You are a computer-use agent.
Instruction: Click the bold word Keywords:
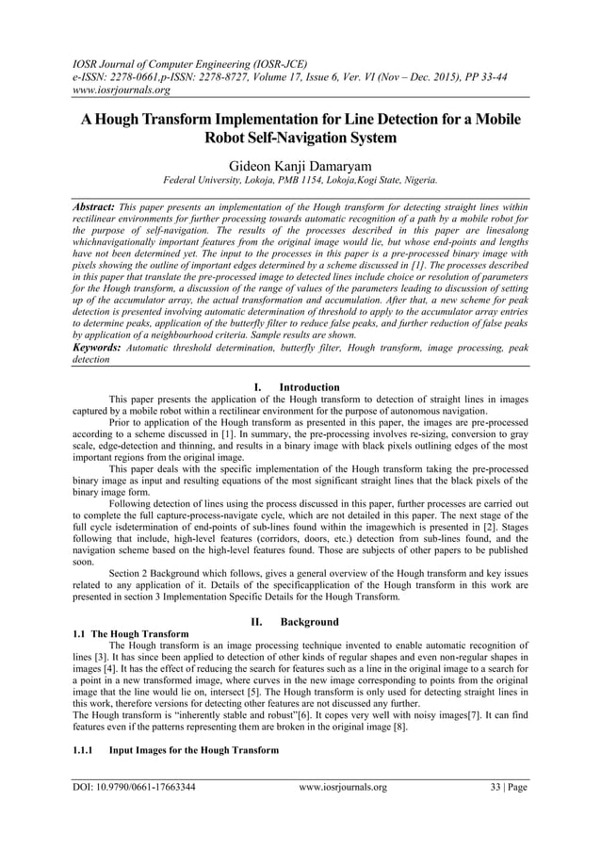(x=98, y=348)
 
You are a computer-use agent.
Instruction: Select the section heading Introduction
(x=310, y=386)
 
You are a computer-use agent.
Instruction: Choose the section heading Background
(x=311, y=622)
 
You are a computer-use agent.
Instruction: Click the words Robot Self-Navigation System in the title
(x=300, y=138)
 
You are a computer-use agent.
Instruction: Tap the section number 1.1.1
(x=86, y=749)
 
